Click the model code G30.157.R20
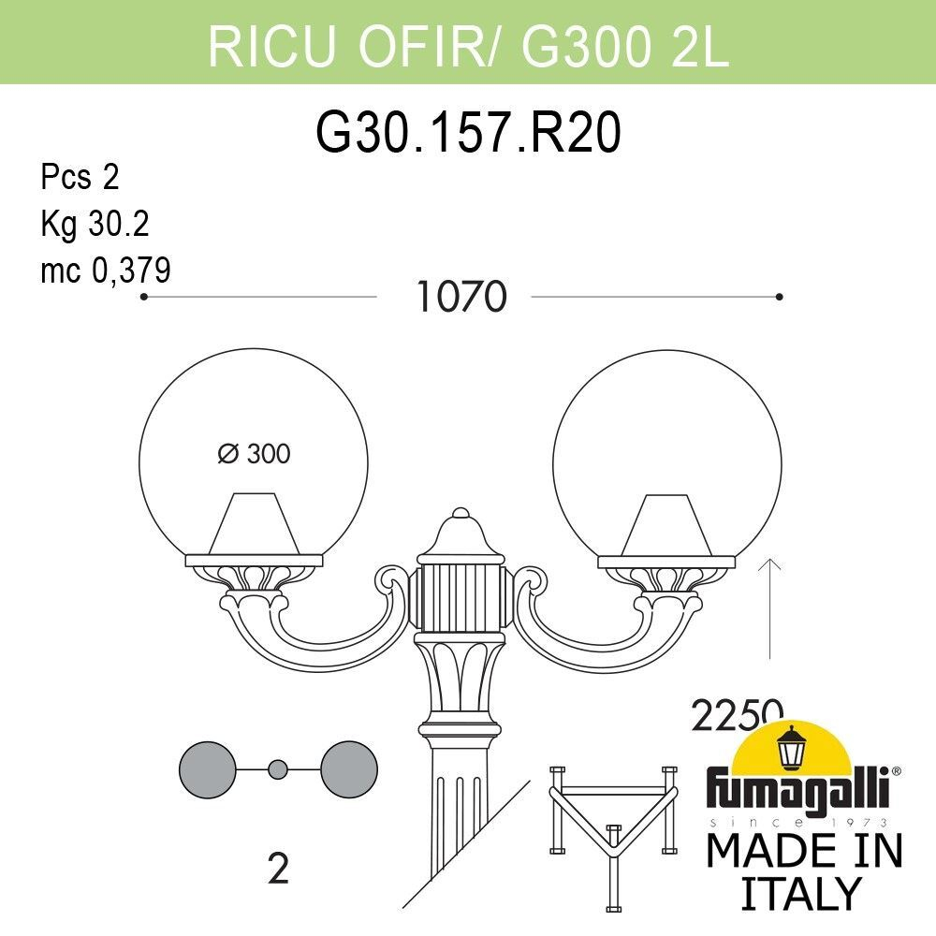tap(468, 134)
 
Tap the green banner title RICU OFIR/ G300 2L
tap(468, 44)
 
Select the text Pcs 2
tap(80, 177)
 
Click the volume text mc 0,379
tap(106, 271)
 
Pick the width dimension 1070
tap(461, 298)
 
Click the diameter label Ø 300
tap(254, 455)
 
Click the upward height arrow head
tap(769, 563)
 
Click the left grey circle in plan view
tap(207, 768)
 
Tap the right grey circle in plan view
tap(348, 768)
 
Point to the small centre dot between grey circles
tap(277, 769)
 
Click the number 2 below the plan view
tap(278, 870)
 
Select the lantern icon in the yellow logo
tap(794, 746)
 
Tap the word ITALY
tap(800, 893)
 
